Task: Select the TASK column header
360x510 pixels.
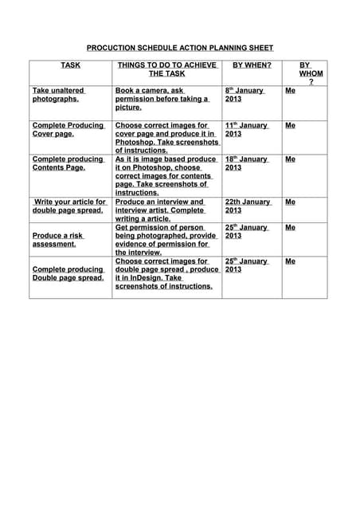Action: click(x=70, y=65)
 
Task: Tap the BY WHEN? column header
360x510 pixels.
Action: click(x=251, y=65)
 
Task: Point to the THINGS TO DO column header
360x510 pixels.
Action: click(x=166, y=69)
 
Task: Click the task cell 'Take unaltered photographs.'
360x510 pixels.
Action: click(x=58, y=95)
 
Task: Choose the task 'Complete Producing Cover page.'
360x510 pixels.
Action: click(x=68, y=130)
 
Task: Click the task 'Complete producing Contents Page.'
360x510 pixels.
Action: click(x=68, y=163)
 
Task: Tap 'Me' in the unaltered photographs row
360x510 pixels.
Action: click(x=290, y=91)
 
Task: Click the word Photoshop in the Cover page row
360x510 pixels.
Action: click(x=136, y=143)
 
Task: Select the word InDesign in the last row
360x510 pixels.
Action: click(x=147, y=278)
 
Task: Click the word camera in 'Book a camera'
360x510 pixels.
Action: click(x=151, y=91)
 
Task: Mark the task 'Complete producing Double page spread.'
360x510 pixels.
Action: click(x=68, y=273)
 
